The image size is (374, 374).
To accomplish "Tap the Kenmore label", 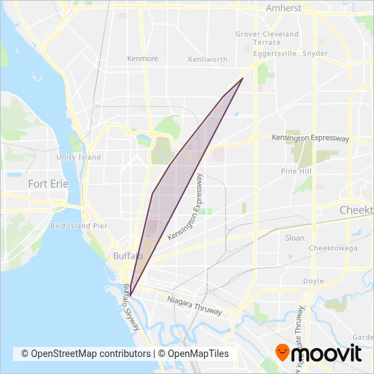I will [x=142, y=59].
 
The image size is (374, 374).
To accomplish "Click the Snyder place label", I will [x=315, y=52].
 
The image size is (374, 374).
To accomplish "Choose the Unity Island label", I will [x=79, y=157].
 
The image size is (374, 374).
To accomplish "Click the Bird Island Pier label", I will [x=79, y=225].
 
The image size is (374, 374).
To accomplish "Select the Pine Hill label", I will [x=296, y=172].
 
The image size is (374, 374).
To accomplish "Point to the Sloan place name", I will [x=294, y=238].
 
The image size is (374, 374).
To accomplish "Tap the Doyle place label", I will [x=313, y=281].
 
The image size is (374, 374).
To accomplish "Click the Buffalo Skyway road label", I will [x=131, y=307].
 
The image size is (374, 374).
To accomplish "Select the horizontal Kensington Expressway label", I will [x=310, y=138].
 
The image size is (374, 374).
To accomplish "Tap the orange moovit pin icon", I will [x=280, y=352].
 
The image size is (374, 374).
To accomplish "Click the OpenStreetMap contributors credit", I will [x=86, y=354].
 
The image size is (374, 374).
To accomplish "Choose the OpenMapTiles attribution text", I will [x=194, y=354].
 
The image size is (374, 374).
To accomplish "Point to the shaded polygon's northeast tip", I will [x=243, y=78].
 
